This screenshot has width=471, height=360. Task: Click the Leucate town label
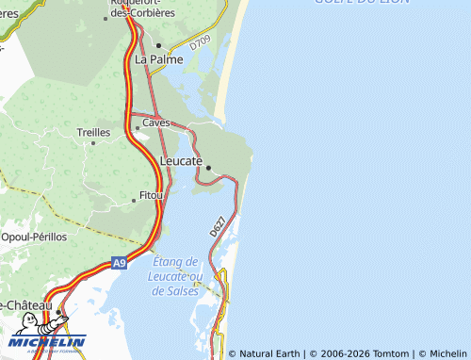click(x=182, y=162)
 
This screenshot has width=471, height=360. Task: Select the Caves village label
click(x=155, y=123)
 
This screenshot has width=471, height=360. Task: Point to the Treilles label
click(x=93, y=133)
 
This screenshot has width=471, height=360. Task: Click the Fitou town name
click(x=151, y=194)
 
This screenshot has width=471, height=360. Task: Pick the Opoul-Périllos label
click(x=35, y=237)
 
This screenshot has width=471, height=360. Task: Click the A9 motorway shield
click(x=119, y=263)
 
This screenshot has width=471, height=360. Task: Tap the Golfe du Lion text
click(x=367, y=4)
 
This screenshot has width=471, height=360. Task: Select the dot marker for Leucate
click(x=208, y=169)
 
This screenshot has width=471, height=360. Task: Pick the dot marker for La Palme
click(x=159, y=45)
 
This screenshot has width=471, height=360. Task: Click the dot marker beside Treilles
click(x=93, y=143)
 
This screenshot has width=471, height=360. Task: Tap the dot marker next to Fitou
click(x=133, y=200)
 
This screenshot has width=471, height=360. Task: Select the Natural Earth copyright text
click(x=268, y=353)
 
